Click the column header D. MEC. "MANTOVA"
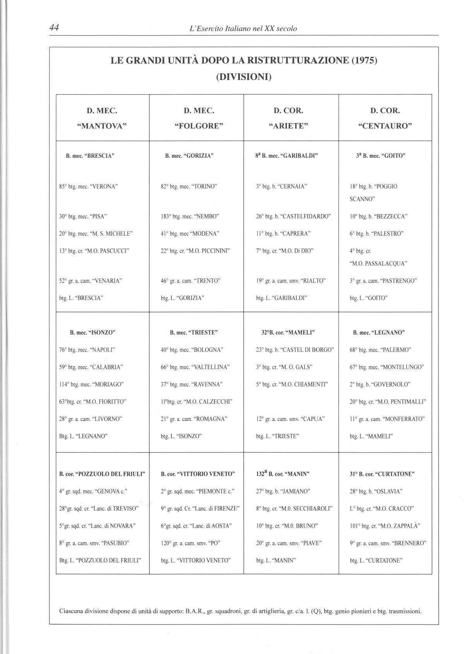[x=102, y=118]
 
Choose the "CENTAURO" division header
[x=385, y=126]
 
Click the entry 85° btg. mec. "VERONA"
[x=88, y=187]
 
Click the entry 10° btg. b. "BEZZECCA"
[x=379, y=216]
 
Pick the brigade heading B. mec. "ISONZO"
[x=93, y=332]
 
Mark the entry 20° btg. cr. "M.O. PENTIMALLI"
[x=388, y=402]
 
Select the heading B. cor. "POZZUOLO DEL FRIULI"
[x=102, y=474]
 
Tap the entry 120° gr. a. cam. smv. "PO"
[x=190, y=543]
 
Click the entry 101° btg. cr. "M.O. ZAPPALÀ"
[x=385, y=526]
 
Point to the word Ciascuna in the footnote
[x=72, y=611]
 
